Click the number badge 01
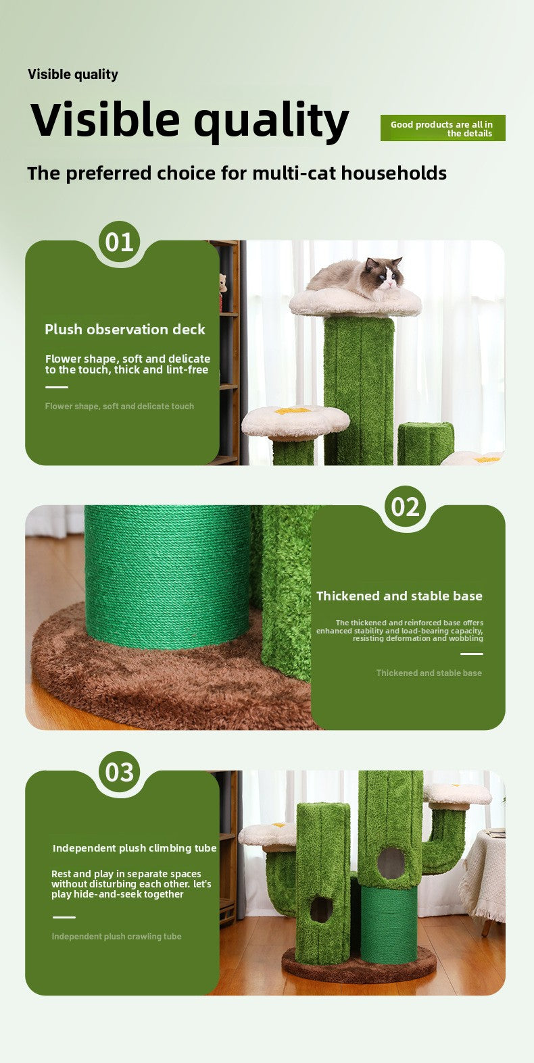pyautogui.click(x=120, y=242)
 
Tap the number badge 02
pyautogui.click(x=406, y=507)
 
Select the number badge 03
pyautogui.click(x=120, y=772)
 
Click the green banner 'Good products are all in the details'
pyautogui.click(x=443, y=128)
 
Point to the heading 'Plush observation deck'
pyautogui.click(x=125, y=330)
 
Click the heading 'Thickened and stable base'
pyautogui.click(x=399, y=596)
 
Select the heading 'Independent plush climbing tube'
pyautogui.click(x=135, y=848)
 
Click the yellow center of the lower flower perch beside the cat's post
pyautogui.click(x=293, y=410)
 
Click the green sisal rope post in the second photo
pyautogui.click(x=168, y=574)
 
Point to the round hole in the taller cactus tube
pyautogui.click(x=391, y=862)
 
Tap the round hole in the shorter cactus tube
pyautogui.click(x=321, y=909)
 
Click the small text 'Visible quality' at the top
pyautogui.click(x=73, y=74)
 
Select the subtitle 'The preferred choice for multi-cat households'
pyautogui.click(x=237, y=174)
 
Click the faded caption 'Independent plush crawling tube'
pyautogui.click(x=116, y=937)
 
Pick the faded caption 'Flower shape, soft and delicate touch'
pyautogui.click(x=120, y=407)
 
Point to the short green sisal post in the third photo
pyautogui.click(x=388, y=925)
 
